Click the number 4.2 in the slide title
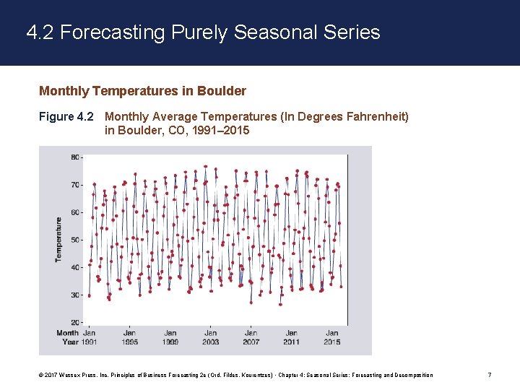click(40, 32)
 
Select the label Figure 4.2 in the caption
click(66, 116)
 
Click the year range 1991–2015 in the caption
click(216, 130)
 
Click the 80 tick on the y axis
click(75, 157)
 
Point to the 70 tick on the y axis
click(75, 185)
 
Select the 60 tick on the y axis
click(75, 212)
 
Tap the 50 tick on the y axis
click(75, 240)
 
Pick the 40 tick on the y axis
click(75, 267)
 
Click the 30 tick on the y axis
click(75, 295)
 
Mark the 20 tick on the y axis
click(75, 322)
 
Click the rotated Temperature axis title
click(58, 240)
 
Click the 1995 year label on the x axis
click(130, 342)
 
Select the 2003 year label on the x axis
click(211, 342)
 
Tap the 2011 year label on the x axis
click(292, 342)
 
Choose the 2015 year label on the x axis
click(332, 342)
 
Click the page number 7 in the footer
click(490, 375)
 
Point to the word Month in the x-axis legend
click(67, 333)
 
